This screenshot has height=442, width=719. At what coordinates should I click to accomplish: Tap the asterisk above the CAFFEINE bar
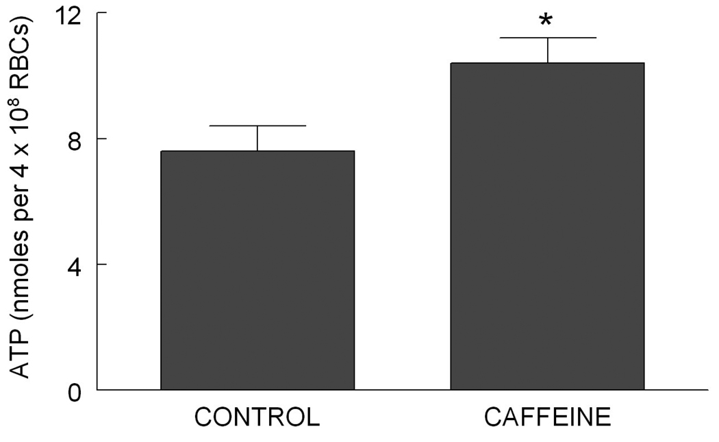(546, 20)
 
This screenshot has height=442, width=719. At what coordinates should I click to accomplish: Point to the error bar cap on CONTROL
(257, 126)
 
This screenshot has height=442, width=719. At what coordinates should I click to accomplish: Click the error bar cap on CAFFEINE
(547, 38)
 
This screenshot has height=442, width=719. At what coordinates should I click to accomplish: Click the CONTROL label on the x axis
(257, 417)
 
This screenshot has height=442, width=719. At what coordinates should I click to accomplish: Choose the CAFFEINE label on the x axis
(547, 417)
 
